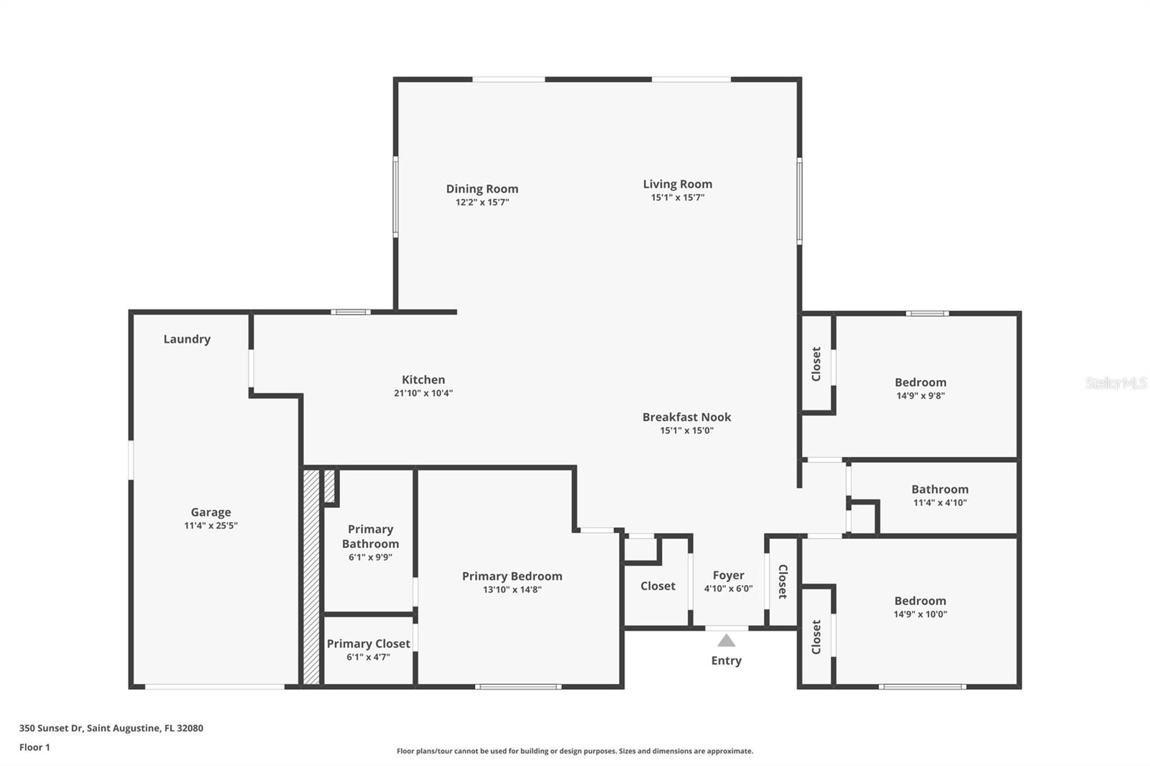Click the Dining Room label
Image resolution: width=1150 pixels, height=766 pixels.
[x=482, y=189]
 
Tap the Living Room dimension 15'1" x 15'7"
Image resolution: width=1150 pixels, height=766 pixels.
[x=677, y=198]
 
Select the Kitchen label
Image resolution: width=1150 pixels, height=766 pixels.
[x=423, y=379]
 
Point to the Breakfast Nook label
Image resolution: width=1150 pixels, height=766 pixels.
[x=686, y=417]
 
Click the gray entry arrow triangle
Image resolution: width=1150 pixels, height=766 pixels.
[x=726, y=640]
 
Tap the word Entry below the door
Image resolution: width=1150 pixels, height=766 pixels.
[x=726, y=660]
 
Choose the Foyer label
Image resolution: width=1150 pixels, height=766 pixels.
[x=728, y=575]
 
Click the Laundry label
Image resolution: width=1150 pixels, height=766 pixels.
[x=187, y=339]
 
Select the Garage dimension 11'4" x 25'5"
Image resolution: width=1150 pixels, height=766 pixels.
[x=211, y=525]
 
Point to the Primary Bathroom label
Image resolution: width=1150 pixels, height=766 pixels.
[x=370, y=536]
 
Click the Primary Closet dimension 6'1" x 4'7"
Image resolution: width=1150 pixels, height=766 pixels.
[x=368, y=657]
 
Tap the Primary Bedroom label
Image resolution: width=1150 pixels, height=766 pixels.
[x=512, y=576]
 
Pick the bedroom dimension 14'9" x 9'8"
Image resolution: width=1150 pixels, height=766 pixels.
[x=920, y=395]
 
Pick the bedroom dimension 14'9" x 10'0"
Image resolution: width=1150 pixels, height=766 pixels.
[x=920, y=614]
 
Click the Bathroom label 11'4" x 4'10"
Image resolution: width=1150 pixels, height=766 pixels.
[x=939, y=489]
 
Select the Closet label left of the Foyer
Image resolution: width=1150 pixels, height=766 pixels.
[x=658, y=586]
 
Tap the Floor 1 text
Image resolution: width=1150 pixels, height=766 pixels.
[x=34, y=747]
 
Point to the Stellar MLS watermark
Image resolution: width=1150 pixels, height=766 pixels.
[x=1115, y=383]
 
